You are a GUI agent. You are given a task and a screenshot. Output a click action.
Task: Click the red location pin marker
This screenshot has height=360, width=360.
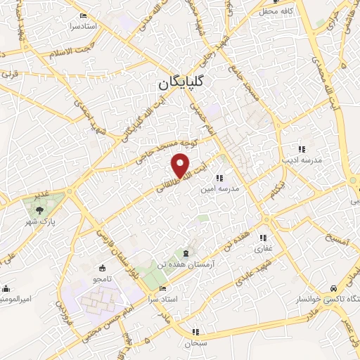[x=181, y=166]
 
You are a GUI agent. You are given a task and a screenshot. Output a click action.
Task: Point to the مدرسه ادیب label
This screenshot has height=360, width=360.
[x=302, y=160]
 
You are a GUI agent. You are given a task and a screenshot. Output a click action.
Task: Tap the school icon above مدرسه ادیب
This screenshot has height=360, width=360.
[x=302, y=149]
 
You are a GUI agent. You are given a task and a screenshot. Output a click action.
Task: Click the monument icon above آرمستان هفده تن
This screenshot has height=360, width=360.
[x=186, y=252]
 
